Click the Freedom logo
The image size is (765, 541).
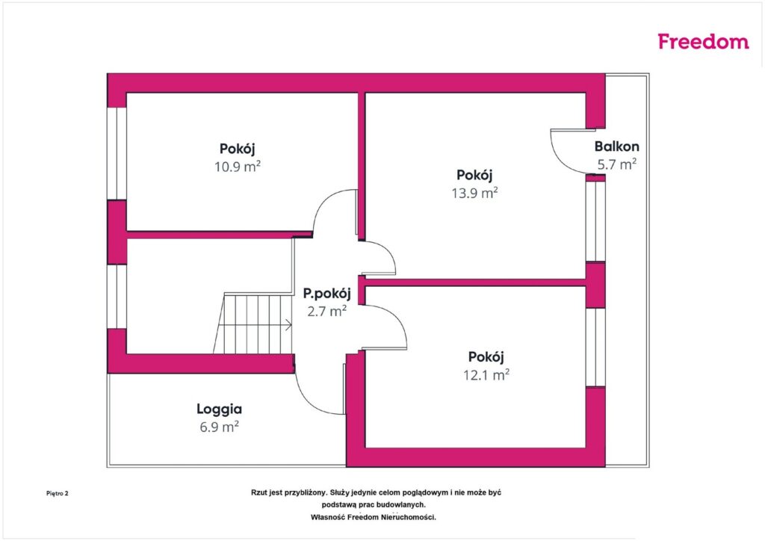click(x=703, y=41)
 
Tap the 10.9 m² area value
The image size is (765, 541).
click(x=238, y=167)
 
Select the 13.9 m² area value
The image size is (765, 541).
click(x=474, y=193)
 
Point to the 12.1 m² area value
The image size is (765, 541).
click(x=486, y=374)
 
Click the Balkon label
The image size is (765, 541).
click(x=616, y=146)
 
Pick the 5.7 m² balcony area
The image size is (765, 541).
click(x=616, y=164)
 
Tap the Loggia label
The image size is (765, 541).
click(x=219, y=409)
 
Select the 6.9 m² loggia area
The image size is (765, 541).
click(x=219, y=427)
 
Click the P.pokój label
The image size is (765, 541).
click(x=327, y=294)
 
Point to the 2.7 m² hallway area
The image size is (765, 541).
click(x=327, y=311)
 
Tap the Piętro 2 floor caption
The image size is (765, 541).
click(x=57, y=493)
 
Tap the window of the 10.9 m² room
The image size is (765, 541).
click(x=117, y=153)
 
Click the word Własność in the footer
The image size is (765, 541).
click(x=327, y=517)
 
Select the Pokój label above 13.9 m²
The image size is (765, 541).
click(x=474, y=175)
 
